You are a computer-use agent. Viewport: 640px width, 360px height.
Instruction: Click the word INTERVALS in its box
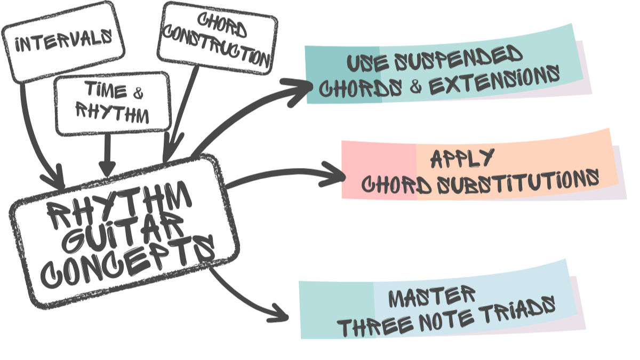63,41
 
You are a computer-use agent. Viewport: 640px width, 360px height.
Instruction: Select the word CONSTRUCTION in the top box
217,47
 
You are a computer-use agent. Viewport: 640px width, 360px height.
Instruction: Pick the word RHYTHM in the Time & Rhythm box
113,113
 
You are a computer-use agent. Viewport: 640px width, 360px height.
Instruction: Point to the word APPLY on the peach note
462,158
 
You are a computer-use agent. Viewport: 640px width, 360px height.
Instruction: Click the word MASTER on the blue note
431,297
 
